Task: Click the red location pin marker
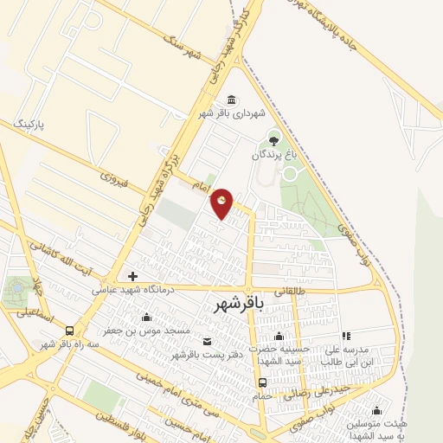click(223, 204)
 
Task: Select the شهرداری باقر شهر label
click(230, 113)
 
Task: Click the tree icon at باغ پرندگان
click(274, 138)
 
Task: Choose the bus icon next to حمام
click(262, 382)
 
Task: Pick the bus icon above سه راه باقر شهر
click(69, 330)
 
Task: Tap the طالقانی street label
click(290, 293)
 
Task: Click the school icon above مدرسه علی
click(346, 336)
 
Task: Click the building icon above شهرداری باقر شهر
click(230, 100)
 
